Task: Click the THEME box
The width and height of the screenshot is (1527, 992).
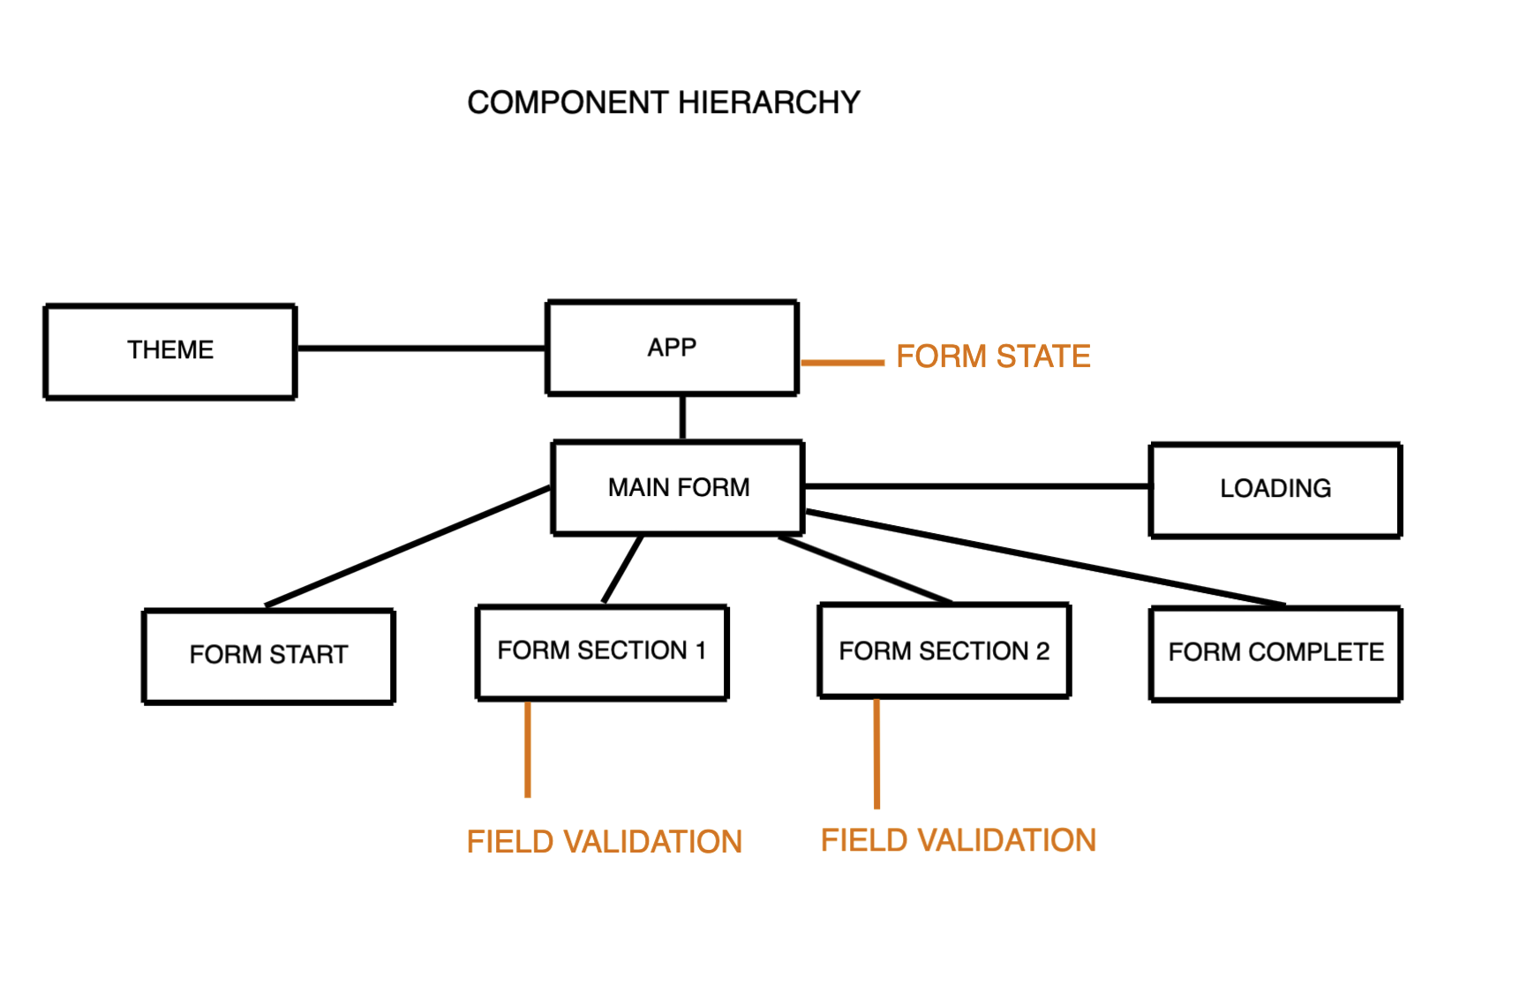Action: (170, 351)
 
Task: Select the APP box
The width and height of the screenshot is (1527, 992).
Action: (672, 348)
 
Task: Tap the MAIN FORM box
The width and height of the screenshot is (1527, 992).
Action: (678, 487)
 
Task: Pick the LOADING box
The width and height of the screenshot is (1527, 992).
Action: (1275, 489)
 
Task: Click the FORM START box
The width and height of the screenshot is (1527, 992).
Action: (268, 655)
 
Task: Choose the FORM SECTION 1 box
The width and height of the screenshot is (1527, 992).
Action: (602, 651)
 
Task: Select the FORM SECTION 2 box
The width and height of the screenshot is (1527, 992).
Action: (944, 651)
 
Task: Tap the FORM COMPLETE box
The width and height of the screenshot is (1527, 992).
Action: (1275, 653)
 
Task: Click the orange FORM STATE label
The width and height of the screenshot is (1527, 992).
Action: (993, 357)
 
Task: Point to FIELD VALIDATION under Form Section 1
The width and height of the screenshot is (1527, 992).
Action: (604, 842)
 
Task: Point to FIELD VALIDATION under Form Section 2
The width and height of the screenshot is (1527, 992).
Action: (958, 840)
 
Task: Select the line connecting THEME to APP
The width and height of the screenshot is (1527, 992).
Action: (421, 349)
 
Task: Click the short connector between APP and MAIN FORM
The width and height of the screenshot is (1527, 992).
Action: (682, 417)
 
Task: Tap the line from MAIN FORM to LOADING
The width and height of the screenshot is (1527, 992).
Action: (976, 486)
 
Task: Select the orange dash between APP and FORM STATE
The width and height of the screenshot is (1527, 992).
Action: (842, 362)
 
